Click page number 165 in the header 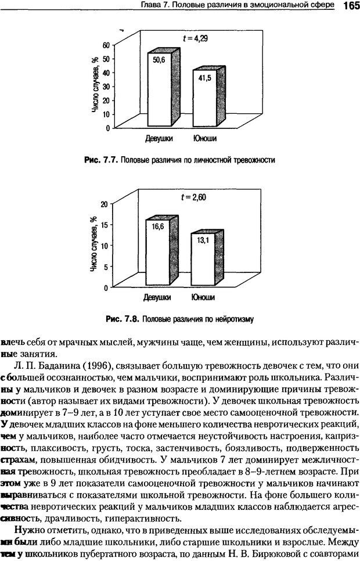[348, 6]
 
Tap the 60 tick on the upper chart [105, 45]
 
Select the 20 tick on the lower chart [105, 204]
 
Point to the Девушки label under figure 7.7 [158, 139]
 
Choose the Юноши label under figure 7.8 [203, 299]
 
